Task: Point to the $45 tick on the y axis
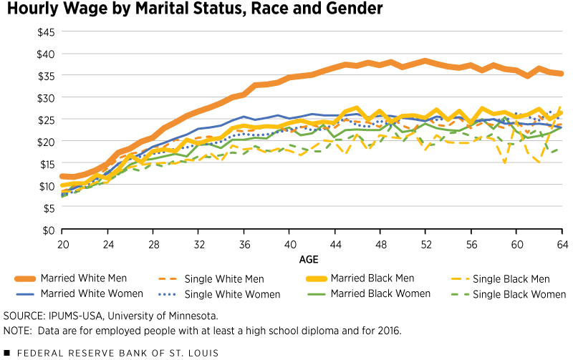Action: pyautogui.click(x=44, y=32)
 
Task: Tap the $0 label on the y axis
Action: pyautogui.click(x=47, y=230)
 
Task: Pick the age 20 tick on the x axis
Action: pyautogui.click(x=62, y=243)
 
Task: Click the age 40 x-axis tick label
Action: pyautogui.click(x=289, y=243)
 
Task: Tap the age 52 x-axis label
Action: pyautogui.click(x=425, y=243)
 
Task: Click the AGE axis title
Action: pyautogui.click(x=311, y=258)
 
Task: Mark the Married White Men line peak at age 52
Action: pyautogui.click(x=425, y=60)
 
